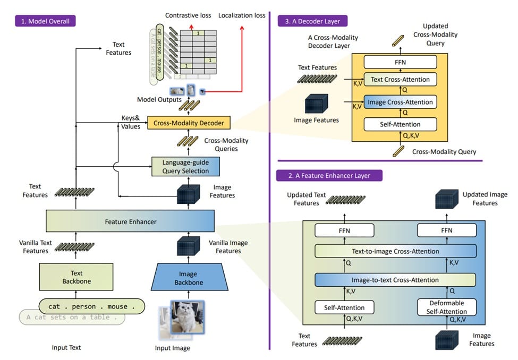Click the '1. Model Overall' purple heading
45,22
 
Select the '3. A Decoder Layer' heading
312,21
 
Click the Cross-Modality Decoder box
189,123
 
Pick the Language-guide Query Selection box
184,166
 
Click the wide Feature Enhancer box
130,221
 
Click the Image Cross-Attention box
400,102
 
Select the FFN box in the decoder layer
400,62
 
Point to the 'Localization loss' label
242,15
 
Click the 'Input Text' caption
66,348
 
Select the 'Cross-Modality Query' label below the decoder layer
444,152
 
